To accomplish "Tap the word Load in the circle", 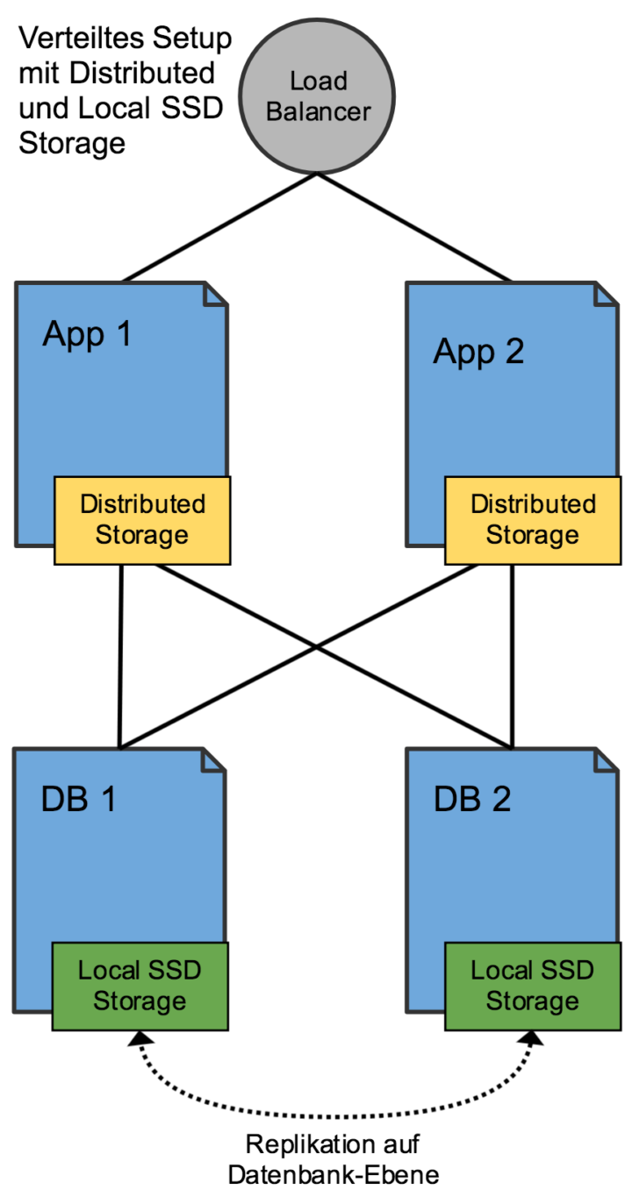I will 319,82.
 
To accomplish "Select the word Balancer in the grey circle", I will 319,112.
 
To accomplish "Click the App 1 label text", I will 87,335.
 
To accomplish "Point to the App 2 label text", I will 478,352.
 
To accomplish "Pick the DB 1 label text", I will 79,800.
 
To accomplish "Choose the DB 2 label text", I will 472,800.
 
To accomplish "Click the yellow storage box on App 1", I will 141,520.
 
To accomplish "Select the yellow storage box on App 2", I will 533,520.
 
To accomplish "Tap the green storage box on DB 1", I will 140,986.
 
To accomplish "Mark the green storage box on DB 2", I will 533,986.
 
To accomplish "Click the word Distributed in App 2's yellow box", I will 533,504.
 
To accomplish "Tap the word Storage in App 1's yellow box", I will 141,535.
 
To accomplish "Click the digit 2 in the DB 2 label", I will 500,800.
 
